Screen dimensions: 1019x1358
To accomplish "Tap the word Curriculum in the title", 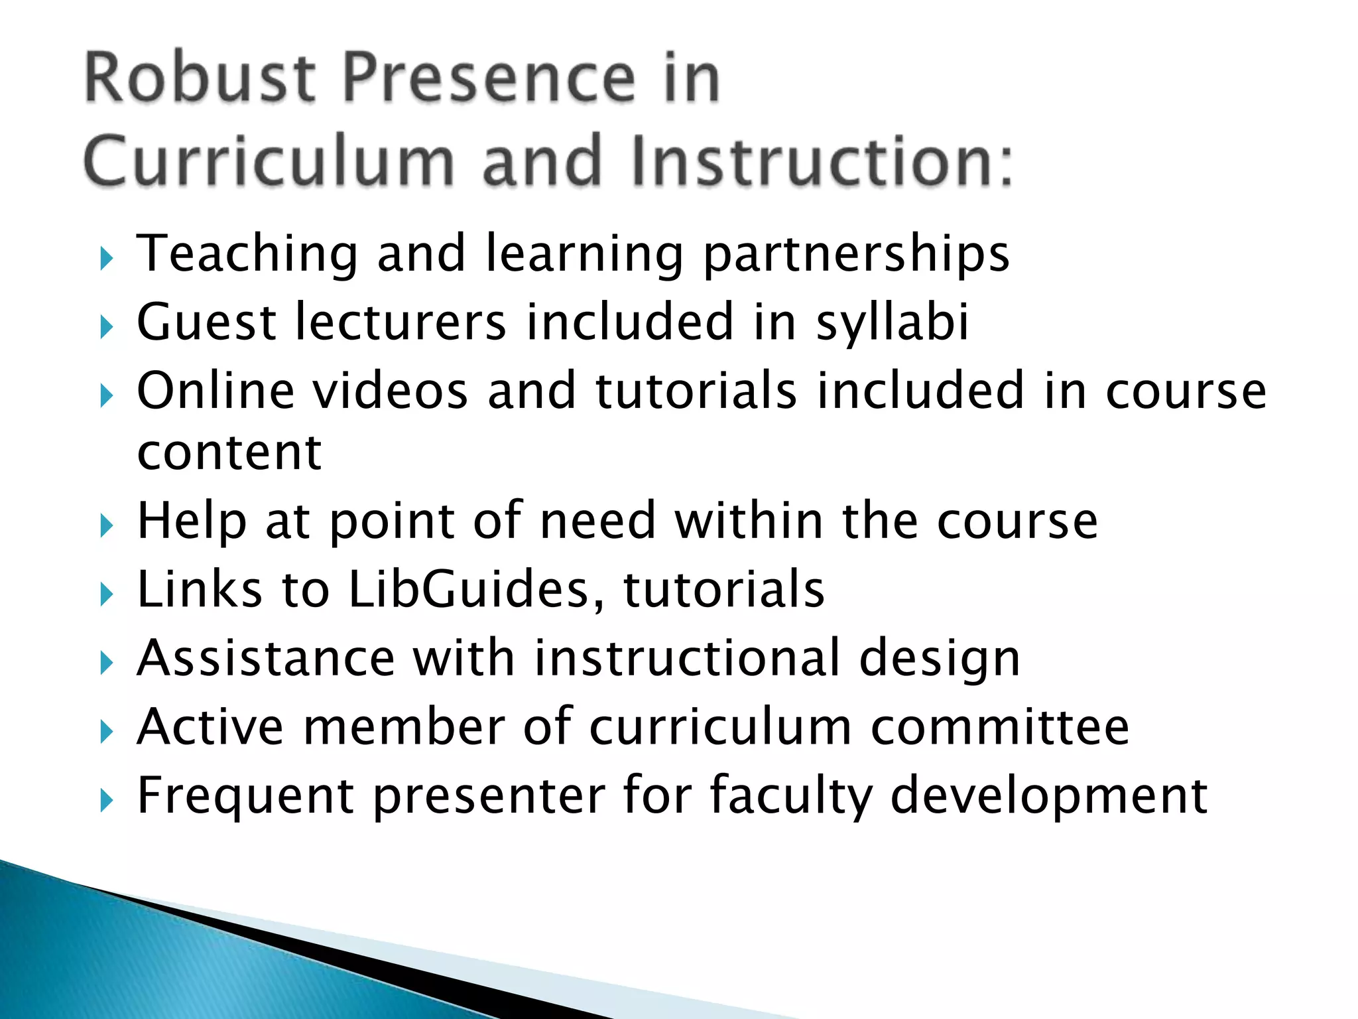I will (x=269, y=161).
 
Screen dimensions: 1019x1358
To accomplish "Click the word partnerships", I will (x=855, y=255).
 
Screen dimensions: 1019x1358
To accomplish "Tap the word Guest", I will (x=206, y=322).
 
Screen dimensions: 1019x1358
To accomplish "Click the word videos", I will (x=391, y=391).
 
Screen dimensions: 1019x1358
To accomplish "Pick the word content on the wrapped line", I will (x=229, y=453).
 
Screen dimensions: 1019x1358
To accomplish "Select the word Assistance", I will (x=266, y=658).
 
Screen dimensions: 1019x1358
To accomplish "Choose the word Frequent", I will (x=245, y=797).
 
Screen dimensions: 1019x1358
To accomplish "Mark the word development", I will (x=1048, y=797).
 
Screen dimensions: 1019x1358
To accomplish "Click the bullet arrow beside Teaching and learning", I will (x=107, y=258).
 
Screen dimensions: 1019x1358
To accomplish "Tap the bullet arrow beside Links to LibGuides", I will (x=107, y=594).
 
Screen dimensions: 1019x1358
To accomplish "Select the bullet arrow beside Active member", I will (x=107, y=732).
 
